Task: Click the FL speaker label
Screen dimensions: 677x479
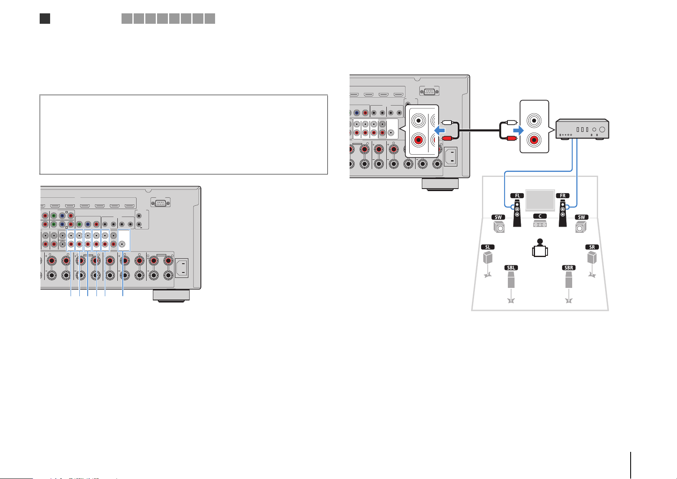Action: [x=517, y=196]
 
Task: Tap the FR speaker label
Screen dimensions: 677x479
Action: [x=563, y=196]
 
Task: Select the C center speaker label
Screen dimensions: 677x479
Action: [x=540, y=216]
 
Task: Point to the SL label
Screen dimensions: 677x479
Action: [x=487, y=247]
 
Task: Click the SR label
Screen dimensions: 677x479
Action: [x=592, y=247]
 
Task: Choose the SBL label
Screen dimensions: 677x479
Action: [x=511, y=267]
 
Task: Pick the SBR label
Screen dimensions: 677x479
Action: [x=568, y=267]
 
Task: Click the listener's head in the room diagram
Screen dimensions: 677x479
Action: [x=540, y=241]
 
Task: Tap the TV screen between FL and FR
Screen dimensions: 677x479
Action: [x=540, y=200]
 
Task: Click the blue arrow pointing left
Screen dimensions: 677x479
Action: [x=439, y=131]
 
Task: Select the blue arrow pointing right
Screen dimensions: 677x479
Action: [x=518, y=131]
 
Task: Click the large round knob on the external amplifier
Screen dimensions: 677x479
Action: [x=602, y=130]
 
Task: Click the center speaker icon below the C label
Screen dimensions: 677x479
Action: [x=540, y=224]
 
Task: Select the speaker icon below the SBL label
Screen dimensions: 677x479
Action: [x=511, y=280]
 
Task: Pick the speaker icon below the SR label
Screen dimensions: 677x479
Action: [x=592, y=258]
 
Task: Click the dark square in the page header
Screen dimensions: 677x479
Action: [x=45, y=18]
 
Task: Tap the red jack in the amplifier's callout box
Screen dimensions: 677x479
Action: [x=534, y=140]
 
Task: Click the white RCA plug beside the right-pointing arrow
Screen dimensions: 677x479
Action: [x=511, y=122]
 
